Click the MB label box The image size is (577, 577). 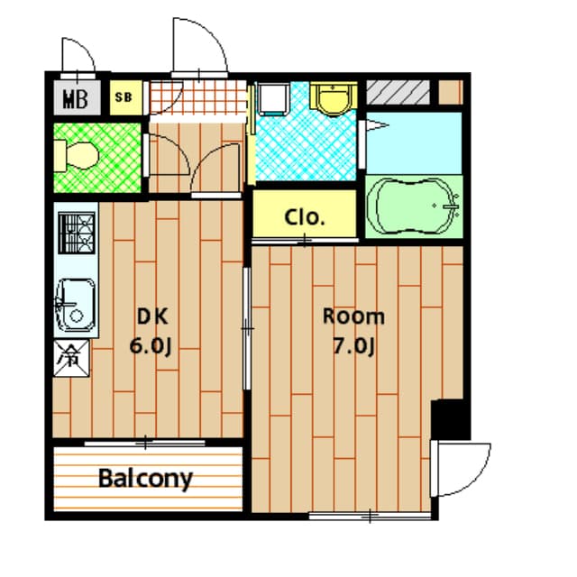click(76, 97)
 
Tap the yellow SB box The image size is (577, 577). click(124, 97)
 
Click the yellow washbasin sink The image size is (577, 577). click(333, 98)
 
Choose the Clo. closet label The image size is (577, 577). click(305, 216)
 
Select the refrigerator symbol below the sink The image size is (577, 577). click(71, 354)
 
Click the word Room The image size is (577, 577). click(353, 316)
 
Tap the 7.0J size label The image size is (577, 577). click(353, 347)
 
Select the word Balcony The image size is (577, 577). click(145, 478)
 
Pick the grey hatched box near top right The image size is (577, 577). click(397, 92)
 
